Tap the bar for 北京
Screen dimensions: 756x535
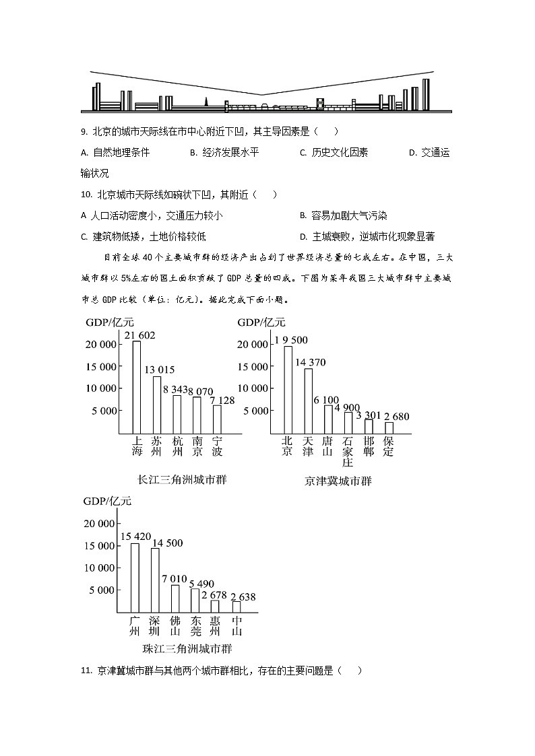(x=288, y=389)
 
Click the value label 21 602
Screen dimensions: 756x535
(x=140, y=335)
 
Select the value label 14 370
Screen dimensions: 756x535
(x=310, y=363)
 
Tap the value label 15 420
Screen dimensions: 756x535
(x=135, y=537)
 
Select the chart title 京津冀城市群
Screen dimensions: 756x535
(x=338, y=481)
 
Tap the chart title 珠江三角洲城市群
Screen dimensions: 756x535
(x=183, y=649)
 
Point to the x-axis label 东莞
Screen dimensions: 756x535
(x=195, y=626)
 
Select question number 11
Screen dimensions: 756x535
(x=86, y=671)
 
